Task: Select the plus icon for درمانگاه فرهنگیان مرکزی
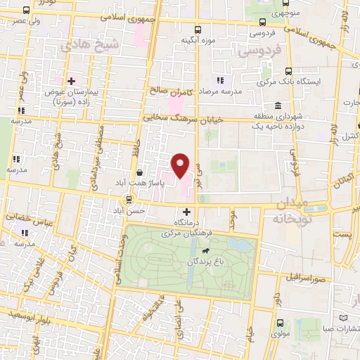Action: [187, 212]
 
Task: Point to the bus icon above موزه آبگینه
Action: [198, 30]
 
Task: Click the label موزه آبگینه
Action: [198, 40]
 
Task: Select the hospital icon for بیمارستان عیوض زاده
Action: [70, 82]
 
